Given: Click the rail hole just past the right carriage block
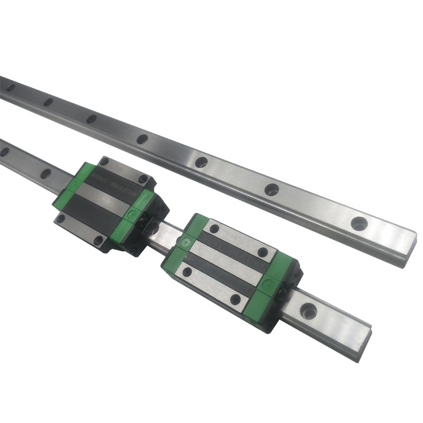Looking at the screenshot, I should [308, 308].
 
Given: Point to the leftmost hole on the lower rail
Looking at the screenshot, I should [5, 152].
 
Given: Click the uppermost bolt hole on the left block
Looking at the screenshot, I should [104, 161].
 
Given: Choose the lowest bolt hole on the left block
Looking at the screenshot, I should [98, 241].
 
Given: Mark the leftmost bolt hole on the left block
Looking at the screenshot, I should [61, 217].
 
